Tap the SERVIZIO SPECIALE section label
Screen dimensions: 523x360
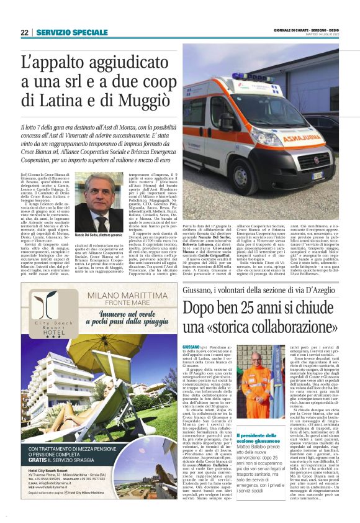(71, 32)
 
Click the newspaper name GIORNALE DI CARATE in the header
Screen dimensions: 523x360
(286, 30)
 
